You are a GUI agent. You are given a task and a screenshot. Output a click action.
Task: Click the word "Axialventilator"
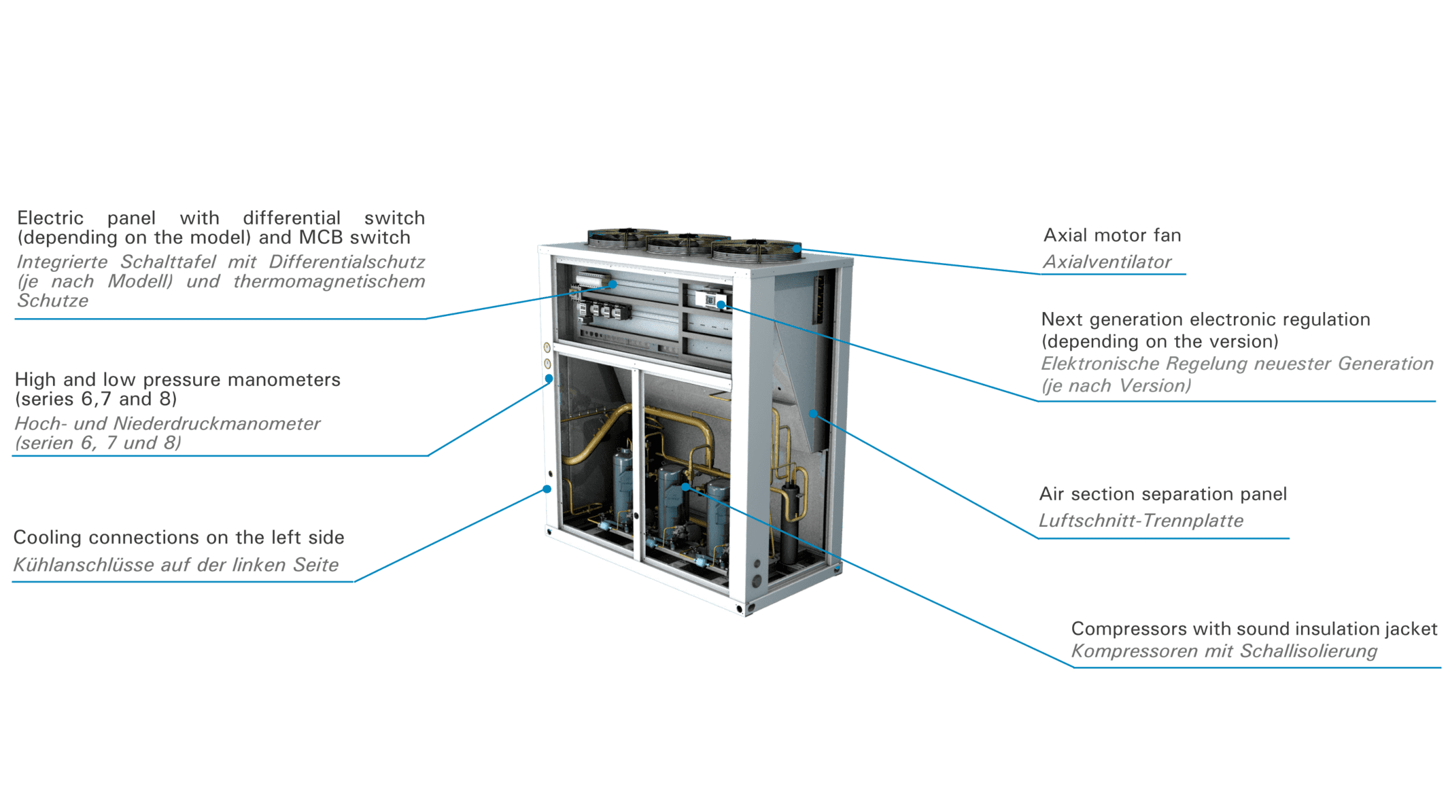(x=1107, y=262)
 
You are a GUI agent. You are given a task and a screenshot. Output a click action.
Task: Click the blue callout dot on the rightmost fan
(x=796, y=249)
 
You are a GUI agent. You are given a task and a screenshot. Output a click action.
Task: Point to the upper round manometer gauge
(x=547, y=347)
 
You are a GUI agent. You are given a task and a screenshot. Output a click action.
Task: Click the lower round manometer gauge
(x=547, y=364)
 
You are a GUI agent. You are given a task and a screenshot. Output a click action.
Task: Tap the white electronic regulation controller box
(x=710, y=299)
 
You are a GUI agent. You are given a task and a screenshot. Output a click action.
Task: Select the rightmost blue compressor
(x=718, y=513)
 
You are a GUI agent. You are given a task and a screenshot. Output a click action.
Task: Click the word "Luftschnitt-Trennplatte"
(x=1141, y=521)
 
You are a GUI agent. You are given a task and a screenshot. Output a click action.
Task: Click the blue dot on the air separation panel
(x=812, y=413)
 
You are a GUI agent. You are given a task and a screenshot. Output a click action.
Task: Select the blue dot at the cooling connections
(x=547, y=489)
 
